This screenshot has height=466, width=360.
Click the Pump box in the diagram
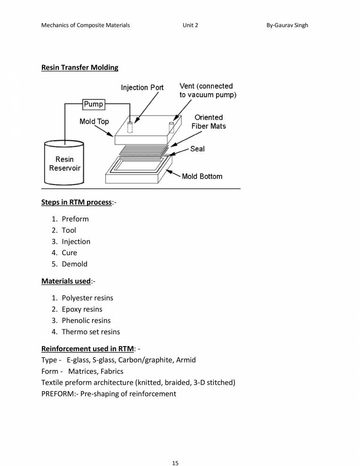point(93,104)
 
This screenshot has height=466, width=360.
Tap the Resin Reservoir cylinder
point(64,163)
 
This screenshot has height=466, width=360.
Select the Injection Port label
point(142,88)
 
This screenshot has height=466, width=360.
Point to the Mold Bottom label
point(202,177)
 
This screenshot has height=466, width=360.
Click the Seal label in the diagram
point(197,149)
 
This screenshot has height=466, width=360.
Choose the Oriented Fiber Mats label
point(208,121)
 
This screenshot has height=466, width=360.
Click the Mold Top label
point(94,121)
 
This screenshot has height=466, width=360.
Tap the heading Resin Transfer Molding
point(80,67)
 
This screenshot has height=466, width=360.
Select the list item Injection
point(76,241)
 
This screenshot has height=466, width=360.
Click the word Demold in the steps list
point(74,264)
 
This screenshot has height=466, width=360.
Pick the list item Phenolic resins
point(86,321)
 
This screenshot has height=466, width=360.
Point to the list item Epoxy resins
point(82,309)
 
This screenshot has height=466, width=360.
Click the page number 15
point(175,450)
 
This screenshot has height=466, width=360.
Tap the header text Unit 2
point(190,25)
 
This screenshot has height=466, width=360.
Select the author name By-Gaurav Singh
point(287,25)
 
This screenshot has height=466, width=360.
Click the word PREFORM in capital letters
point(57,394)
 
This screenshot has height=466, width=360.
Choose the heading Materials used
point(65,281)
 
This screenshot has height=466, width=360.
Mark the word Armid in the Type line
point(186,360)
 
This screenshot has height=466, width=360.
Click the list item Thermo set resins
point(91,332)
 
